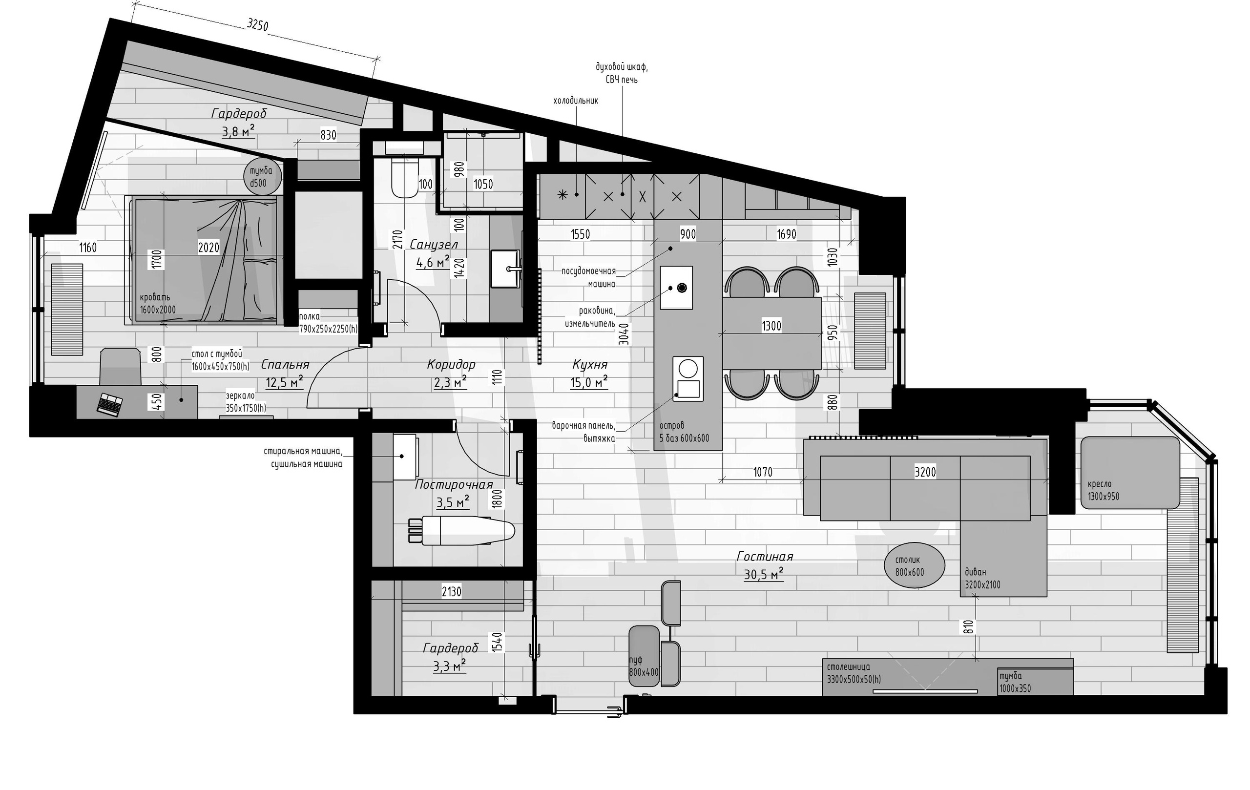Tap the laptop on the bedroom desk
[110, 405]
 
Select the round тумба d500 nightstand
[262, 177]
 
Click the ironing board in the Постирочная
[462, 530]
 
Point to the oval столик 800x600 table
[914, 566]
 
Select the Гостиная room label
[765, 557]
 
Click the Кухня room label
[590, 364]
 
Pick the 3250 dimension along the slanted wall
[257, 24]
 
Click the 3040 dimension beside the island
[625, 334]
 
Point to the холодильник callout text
[576, 101]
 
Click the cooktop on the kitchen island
[688, 378]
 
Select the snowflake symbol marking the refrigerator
[562, 195]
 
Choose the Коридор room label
[451, 364]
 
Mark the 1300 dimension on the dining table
[771, 326]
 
